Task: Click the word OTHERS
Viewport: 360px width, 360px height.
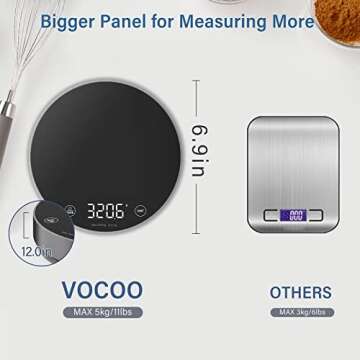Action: pyautogui.click(x=301, y=293)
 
